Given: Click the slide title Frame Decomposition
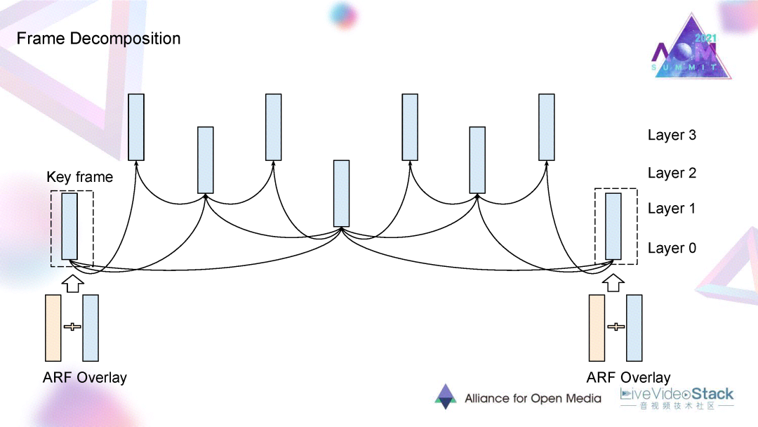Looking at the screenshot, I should point(98,38).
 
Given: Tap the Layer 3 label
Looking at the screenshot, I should point(672,135).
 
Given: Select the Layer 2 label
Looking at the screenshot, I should point(672,173).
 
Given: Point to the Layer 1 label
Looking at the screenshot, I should point(672,209).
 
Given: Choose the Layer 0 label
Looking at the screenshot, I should point(672,248).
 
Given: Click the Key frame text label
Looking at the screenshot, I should point(80,177).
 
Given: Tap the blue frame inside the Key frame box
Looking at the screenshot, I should point(69,227).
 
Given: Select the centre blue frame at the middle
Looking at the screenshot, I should point(341,193).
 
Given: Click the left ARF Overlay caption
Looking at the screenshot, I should point(85,378).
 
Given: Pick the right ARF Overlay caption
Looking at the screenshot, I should point(628,378).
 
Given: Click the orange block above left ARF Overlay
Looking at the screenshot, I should point(53,328).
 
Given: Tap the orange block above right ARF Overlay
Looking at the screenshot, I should point(597,328).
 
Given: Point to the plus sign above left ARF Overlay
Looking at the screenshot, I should point(72,327).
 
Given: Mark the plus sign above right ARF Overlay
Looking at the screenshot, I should point(616,327).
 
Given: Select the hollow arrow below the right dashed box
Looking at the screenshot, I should point(616,282).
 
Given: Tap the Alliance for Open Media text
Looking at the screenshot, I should point(533,398).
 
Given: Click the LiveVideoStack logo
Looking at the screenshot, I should point(677,397).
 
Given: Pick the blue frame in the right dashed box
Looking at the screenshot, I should point(613,227).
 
